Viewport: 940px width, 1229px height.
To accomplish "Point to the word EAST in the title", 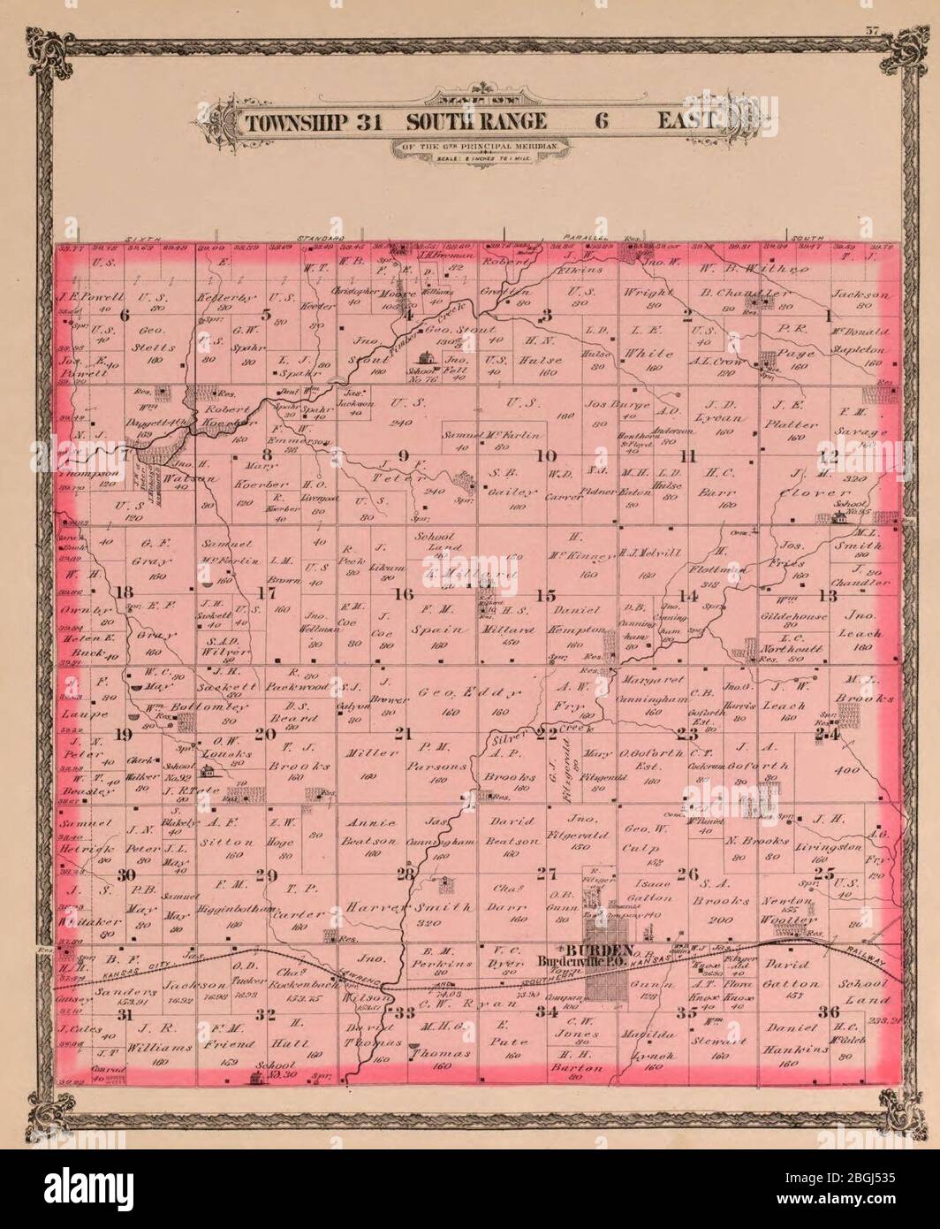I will [686, 121].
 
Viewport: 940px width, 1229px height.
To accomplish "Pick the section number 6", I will [125, 315].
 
